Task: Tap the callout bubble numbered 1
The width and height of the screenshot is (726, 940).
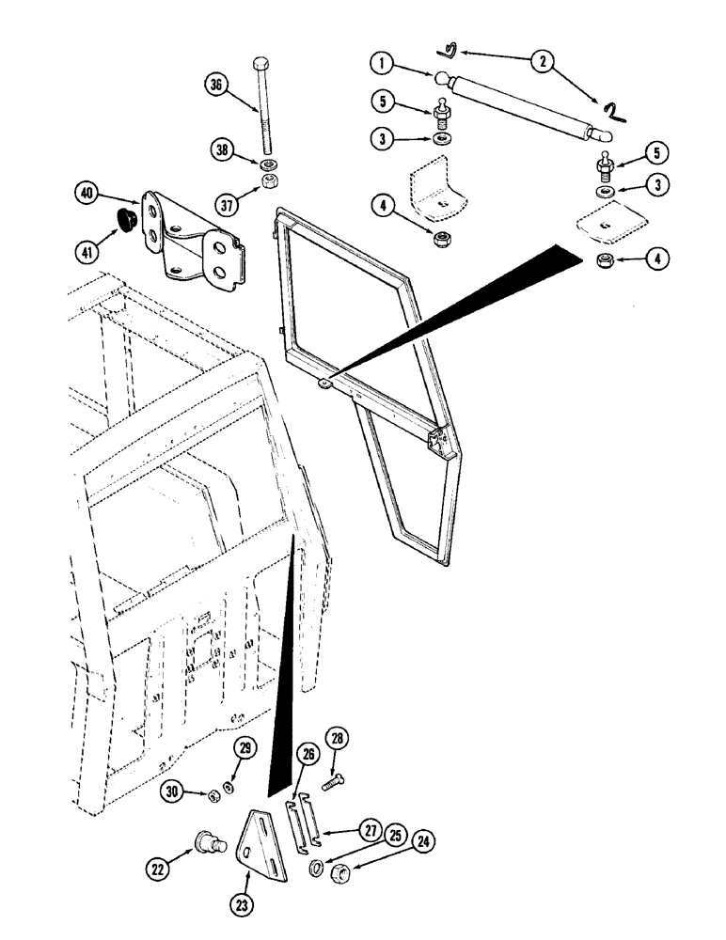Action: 380,64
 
